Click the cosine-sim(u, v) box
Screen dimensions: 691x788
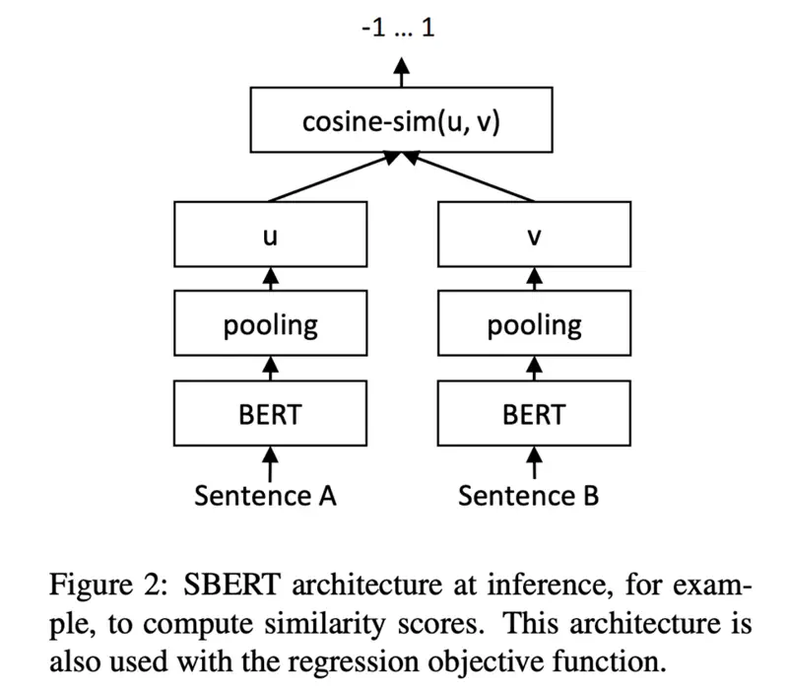[x=401, y=123]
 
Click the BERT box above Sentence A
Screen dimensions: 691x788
[x=271, y=414]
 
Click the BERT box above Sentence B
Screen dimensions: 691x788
[x=535, y=414]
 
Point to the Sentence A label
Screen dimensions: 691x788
[x=266, y=495]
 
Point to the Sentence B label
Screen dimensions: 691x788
[x=529, y=495]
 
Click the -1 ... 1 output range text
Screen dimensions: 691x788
[x=399, y=27]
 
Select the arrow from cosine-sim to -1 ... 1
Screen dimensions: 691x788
[x=401, y=76]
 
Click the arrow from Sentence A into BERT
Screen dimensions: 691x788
[x=271, y=461]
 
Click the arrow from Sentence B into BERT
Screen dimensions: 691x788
[x=535, y=461]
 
